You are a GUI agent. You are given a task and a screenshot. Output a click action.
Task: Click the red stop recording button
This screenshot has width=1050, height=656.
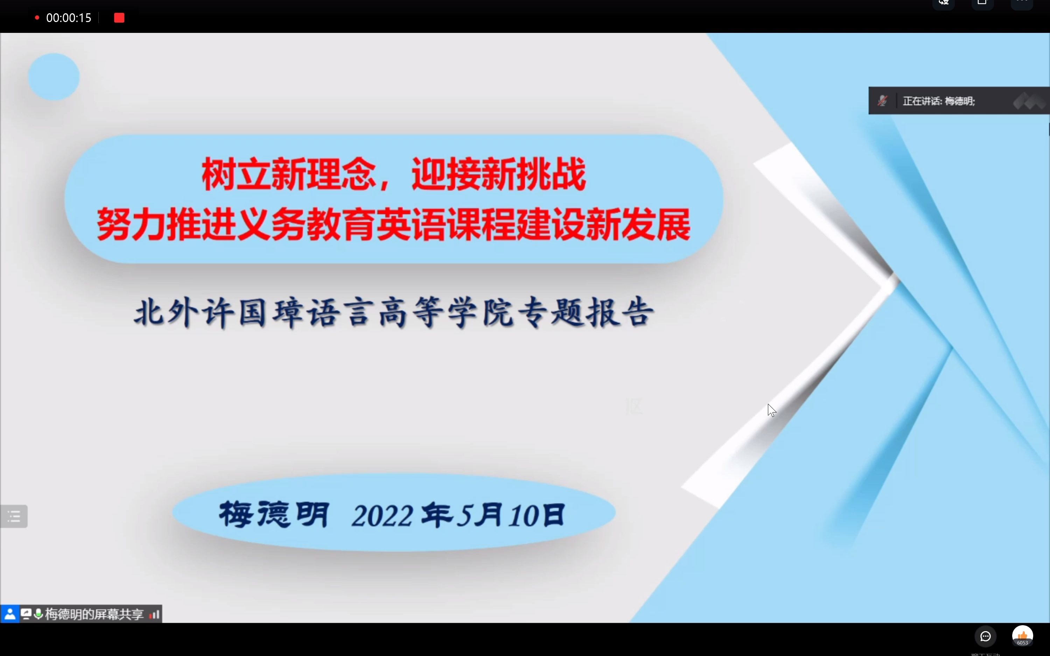[x=119, y=18]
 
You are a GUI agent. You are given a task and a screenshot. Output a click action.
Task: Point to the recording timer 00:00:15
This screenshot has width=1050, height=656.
[x=69, y=18]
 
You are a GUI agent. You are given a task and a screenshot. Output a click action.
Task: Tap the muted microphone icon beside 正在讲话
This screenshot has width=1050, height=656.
[x=882, y=101]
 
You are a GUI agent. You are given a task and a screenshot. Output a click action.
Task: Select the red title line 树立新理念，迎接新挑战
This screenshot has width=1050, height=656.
[x=393, y=175]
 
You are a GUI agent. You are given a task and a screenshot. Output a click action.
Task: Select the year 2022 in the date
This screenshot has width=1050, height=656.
[x=382, y=516]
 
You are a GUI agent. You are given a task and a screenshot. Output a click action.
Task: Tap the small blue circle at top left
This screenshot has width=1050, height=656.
[x=54, y=77]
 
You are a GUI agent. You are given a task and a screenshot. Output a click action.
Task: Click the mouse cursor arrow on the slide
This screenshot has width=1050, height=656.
[x=771, y=410]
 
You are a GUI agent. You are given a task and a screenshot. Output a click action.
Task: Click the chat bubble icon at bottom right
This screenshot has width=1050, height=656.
[x=985, y=636]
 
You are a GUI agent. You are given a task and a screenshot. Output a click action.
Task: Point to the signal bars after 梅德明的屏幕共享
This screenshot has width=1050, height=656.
[x=154, y=614]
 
